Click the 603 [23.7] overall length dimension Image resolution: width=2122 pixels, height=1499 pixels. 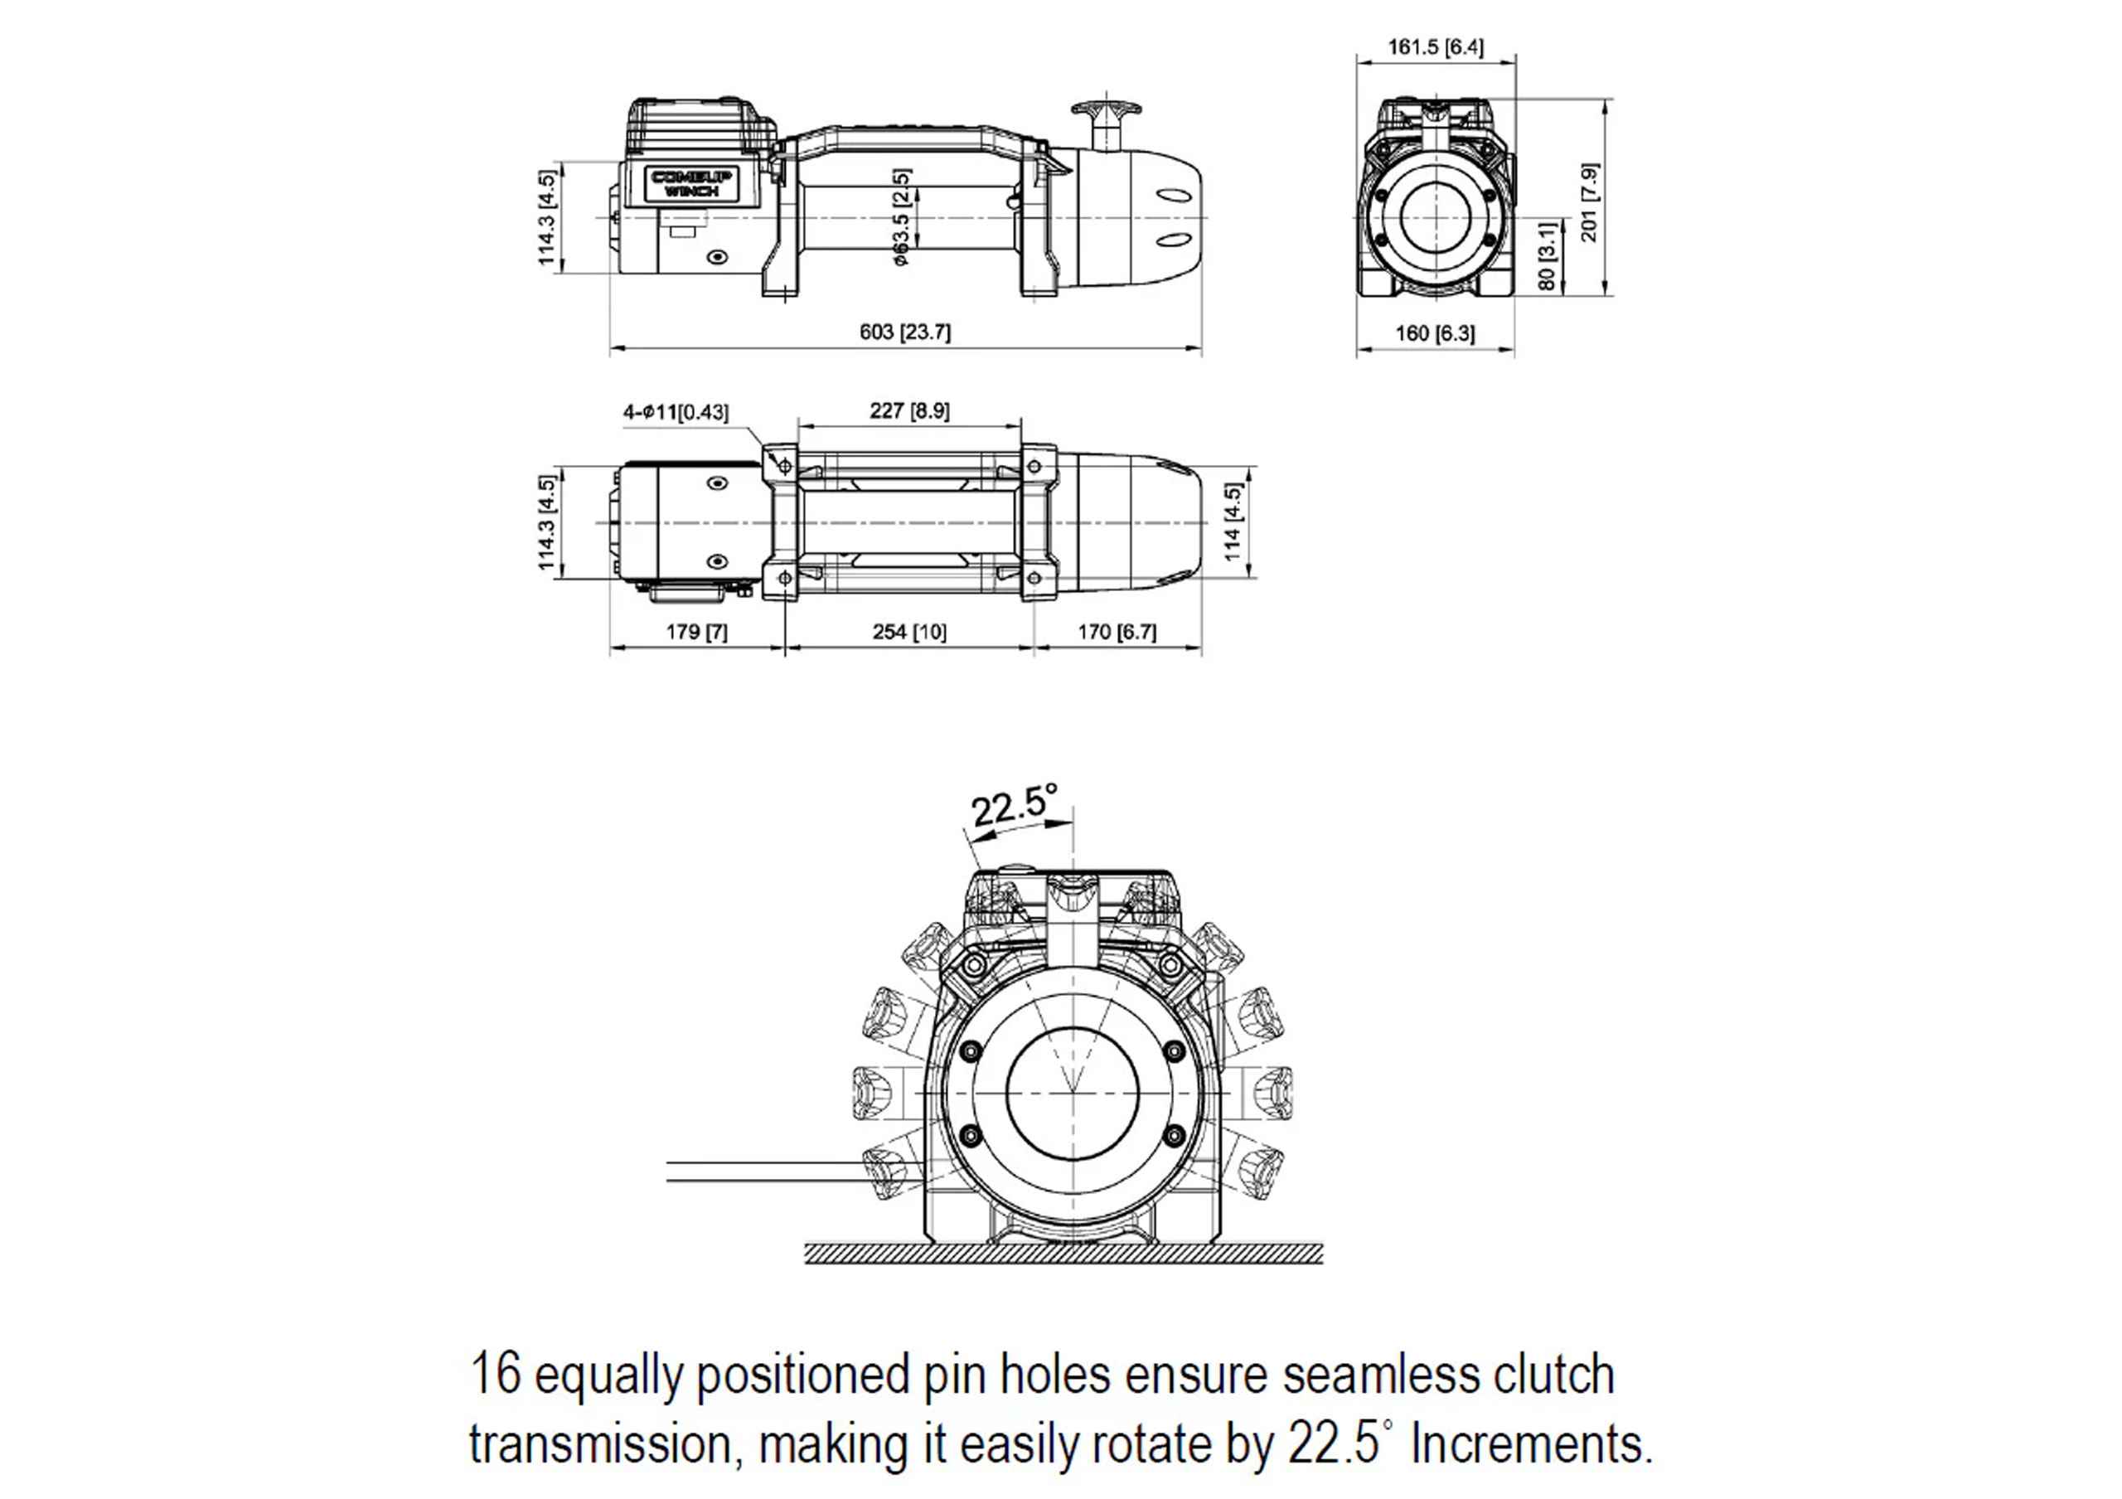(905, 332)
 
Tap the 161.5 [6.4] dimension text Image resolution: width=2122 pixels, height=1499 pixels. (1436, 46)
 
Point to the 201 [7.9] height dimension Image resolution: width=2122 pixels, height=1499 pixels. (1590, 202)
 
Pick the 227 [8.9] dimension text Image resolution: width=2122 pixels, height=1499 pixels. (909, 410)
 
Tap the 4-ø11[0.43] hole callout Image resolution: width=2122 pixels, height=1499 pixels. (676, 412)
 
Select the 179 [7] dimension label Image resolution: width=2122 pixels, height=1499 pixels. (697, 631)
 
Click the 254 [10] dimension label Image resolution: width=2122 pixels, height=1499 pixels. (909, 631)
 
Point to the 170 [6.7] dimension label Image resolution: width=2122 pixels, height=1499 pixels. (1117, 631)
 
